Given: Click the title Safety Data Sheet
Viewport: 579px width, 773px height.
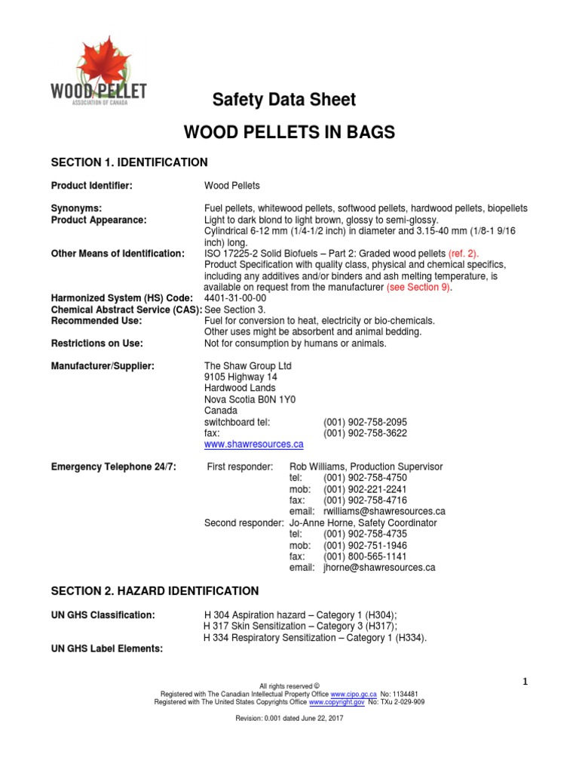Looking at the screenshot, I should point(283,100).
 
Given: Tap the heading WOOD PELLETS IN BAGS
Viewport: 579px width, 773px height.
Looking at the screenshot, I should point(289,133).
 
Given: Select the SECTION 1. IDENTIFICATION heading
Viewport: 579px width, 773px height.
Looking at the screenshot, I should point(129,162).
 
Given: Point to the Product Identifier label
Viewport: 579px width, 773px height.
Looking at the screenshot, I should point(91,186).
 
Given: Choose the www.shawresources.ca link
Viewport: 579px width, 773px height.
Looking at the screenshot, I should point(254,445).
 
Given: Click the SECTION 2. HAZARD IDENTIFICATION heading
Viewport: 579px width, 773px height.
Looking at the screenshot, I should point(155,591).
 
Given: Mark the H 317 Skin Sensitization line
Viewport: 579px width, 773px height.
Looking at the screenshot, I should point(300,627).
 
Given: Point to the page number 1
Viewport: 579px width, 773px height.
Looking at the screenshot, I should point(528,682).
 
